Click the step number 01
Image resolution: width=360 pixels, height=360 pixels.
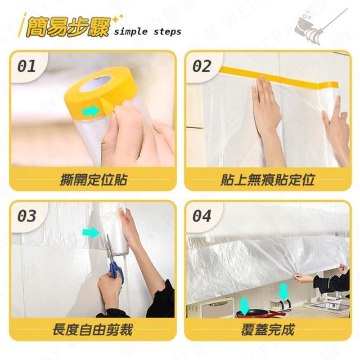26,66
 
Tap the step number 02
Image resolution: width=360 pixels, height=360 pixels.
201,66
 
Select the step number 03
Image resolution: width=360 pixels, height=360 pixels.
26,216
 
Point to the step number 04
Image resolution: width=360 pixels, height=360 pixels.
201,216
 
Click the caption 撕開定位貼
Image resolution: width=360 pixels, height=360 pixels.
93,179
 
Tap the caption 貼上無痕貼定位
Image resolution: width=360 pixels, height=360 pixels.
268,179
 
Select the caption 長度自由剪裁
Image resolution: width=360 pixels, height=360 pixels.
93,330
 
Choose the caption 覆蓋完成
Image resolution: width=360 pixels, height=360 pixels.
268,330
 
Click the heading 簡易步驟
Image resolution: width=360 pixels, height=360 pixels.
67,28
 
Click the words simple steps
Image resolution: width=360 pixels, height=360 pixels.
147,31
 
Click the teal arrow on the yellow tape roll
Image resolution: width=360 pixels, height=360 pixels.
91,111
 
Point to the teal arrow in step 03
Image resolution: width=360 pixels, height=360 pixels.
91,233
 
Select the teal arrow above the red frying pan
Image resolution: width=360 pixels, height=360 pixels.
245,306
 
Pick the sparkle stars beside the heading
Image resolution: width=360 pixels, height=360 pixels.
118,19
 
